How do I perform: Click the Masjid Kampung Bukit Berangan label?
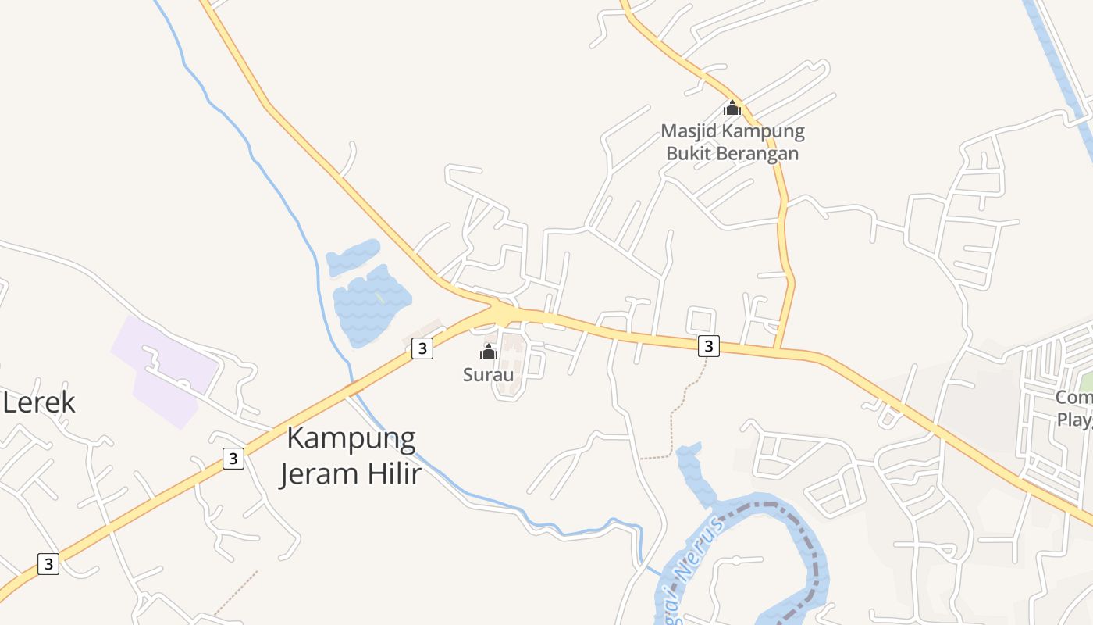[x=732, y=142]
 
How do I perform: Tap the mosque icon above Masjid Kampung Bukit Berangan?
[x=732, y=108]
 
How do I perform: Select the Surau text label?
[x=489, y=375]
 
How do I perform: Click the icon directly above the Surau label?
[x=489, y=352]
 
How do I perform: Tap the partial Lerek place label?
[x=39, y=403]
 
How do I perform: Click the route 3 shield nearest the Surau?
[x=422, y=348]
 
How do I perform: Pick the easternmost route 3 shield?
[x=708, y=345]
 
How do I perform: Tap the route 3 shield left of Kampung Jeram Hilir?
[x=233, y=458]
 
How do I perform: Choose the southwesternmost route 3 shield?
[x=48, y=563]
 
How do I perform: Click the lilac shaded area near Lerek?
[x=164, y=367]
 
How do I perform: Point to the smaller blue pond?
[x=353, y=256]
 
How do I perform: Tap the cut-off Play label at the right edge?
[x=1074, y=420]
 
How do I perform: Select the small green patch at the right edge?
[x=1086, y=383]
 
